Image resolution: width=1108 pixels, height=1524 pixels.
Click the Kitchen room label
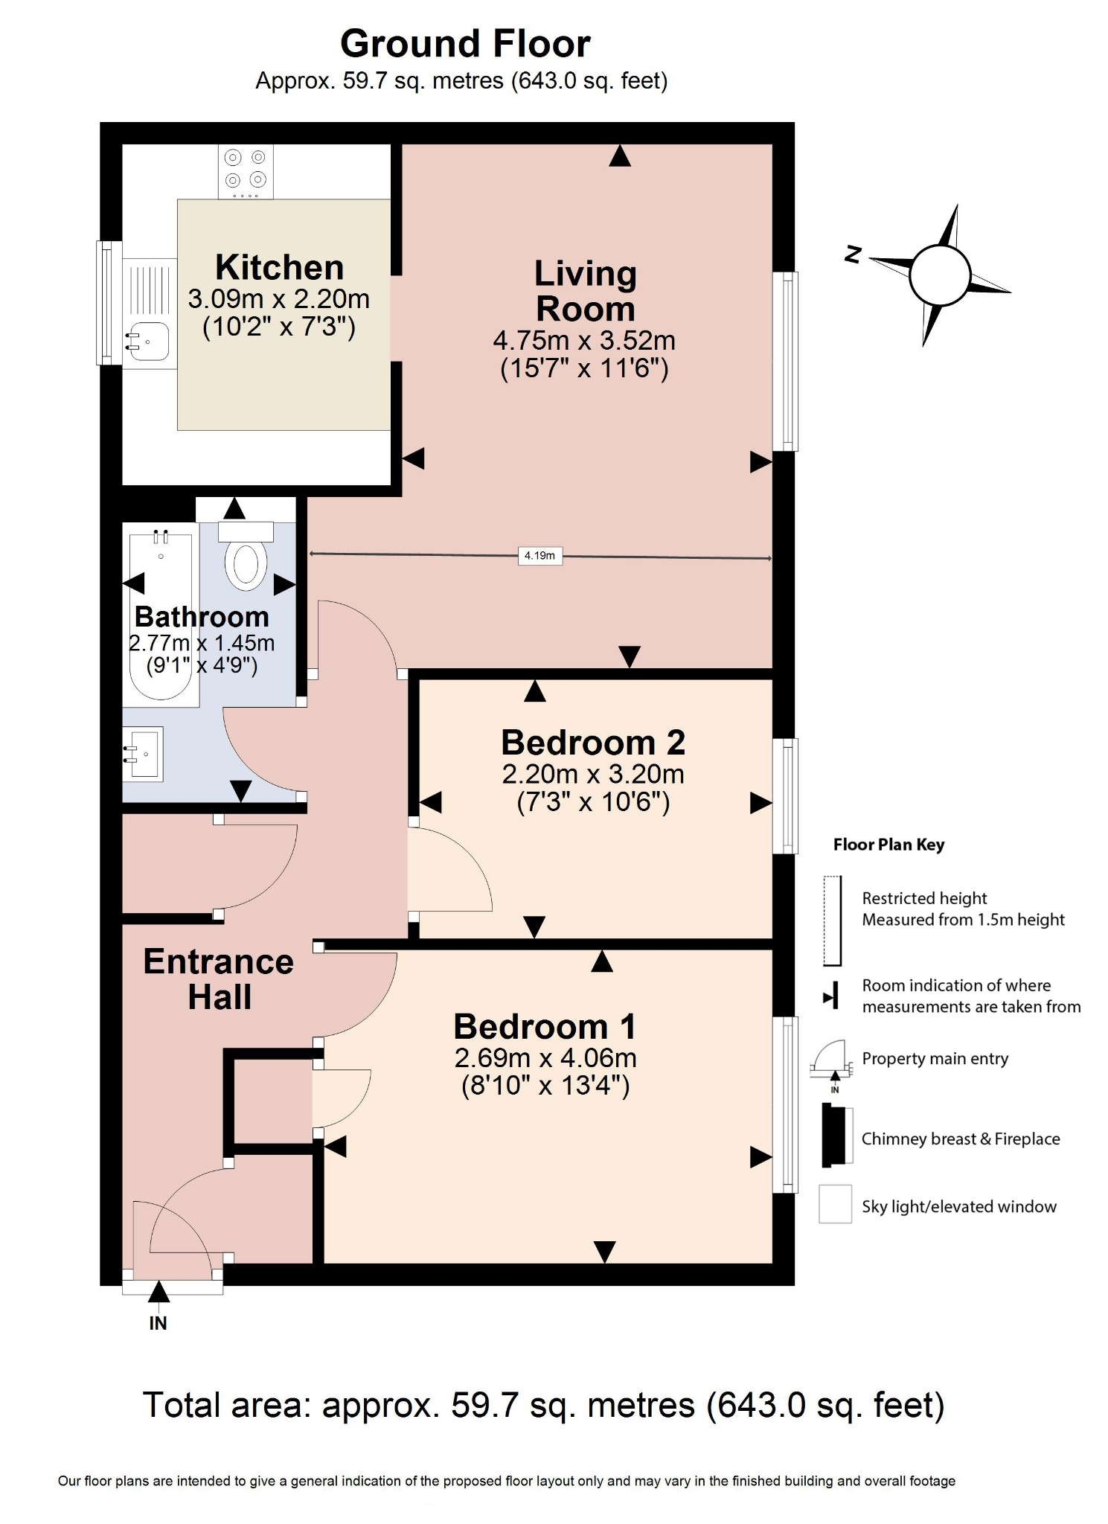coord(279,267)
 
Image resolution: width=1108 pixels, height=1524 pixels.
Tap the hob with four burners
coord(246,170)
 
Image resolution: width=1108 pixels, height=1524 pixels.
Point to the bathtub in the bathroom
coord(161,614)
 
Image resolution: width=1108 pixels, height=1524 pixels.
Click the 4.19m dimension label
coord(539,555)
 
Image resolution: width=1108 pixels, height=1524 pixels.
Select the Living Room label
coord(585,291)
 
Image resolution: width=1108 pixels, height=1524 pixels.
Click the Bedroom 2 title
coord(592,742)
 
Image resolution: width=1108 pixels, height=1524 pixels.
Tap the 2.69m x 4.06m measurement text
coord(545,1057)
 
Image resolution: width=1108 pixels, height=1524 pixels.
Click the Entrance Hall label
coord(219,979)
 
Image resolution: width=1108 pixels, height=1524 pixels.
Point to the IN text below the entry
coord(158,1323)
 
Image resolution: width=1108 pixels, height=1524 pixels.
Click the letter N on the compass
coord(853,254)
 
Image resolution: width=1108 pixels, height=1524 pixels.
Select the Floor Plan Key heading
coord(888,845)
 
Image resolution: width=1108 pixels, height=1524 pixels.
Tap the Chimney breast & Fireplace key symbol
coord(836,1136)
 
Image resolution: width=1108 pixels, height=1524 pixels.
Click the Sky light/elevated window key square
coord(835,1204)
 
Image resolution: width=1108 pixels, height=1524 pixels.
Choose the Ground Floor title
coord(465,44)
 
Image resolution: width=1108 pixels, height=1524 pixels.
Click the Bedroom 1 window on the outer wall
coord(785,1104)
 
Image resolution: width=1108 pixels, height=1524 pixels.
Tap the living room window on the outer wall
coord(785,362)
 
